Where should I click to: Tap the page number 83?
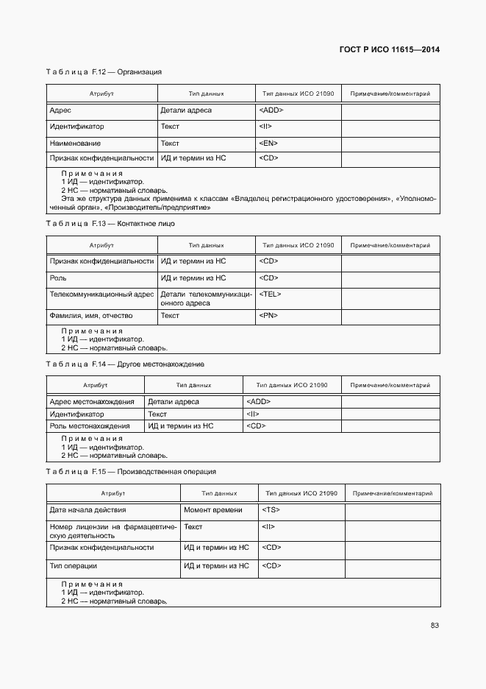coord(435,626)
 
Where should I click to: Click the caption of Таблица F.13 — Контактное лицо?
coord(110,223)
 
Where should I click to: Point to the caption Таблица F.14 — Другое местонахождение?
coord(125,364)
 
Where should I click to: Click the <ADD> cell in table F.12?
coord(271,110)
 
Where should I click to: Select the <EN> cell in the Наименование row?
coord(268,144)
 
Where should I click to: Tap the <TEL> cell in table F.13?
coord(270,294)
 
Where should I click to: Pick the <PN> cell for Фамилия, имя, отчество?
coord(268,316)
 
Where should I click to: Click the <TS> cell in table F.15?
coord(270,510)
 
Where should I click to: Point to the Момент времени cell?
coord(212,510)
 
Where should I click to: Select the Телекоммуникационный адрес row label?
coord(101,294)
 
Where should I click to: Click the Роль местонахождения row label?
coord(90,426)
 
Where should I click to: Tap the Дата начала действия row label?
coord(87,510)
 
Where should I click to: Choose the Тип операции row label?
coord(74,566)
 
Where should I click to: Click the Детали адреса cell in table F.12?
coord(186,110)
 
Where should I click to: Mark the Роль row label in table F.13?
coord(58,278)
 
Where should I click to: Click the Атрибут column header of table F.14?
coord(95,385)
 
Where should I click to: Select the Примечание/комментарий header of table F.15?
coord(393,493)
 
